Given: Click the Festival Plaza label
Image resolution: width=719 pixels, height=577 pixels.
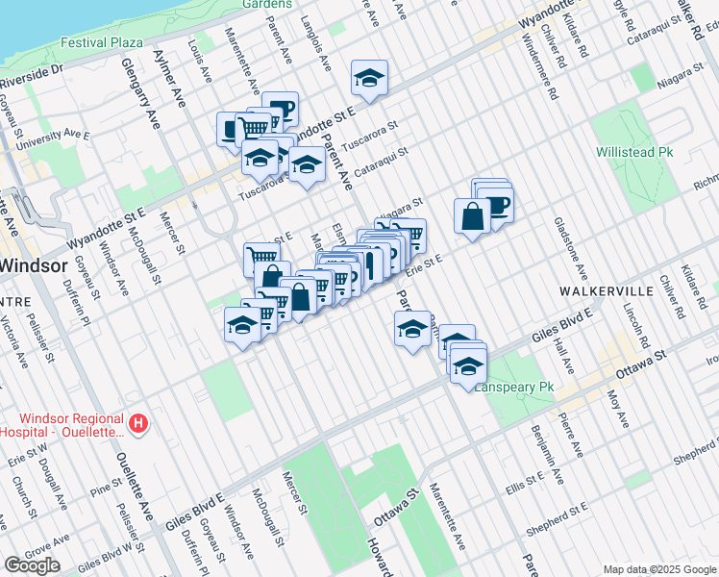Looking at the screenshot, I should [101, 42].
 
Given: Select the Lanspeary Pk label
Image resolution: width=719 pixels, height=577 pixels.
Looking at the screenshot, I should [515, 387].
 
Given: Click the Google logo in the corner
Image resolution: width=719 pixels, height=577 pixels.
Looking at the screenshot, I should [32, 565].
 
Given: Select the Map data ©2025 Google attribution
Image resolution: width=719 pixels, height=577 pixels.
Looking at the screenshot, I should [659, 569].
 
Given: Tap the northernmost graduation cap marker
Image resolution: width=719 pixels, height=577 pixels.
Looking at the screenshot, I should [368, 78].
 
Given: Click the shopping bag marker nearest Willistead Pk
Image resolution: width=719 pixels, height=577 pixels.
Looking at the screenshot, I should [473, 216].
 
